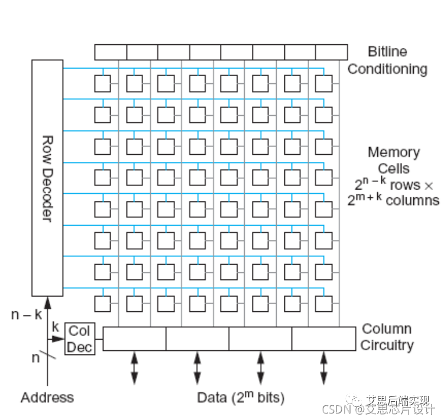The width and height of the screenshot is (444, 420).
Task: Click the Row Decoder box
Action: click(47, 177)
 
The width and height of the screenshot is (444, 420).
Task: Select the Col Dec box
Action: click(79, 338)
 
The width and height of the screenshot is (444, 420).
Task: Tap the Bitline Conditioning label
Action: click(387, 60)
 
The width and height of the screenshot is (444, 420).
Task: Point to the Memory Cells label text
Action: click(393, 160)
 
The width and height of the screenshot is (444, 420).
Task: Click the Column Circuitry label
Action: click(387, 337)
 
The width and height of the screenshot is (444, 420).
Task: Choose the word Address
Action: click(47, 398)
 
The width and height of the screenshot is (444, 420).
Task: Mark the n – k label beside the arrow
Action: click(26, 314)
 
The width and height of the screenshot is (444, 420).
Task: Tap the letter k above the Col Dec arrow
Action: click(56, 327)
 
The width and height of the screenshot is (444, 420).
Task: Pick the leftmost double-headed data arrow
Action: click(134, 369)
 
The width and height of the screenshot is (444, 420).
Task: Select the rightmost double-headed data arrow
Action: click(323, 369)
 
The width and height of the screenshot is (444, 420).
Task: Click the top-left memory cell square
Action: click(102, 83)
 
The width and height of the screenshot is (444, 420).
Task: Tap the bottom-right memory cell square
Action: click(323, 303)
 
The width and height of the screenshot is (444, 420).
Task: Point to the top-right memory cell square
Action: click(323, 83)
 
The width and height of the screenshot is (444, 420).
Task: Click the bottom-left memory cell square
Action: click(102, 303)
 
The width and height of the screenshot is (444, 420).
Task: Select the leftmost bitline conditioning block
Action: click(110, 52)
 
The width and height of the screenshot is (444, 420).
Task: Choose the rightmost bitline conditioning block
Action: click(331, 52)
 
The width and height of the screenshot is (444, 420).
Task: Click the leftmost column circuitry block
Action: click(134, 338)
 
